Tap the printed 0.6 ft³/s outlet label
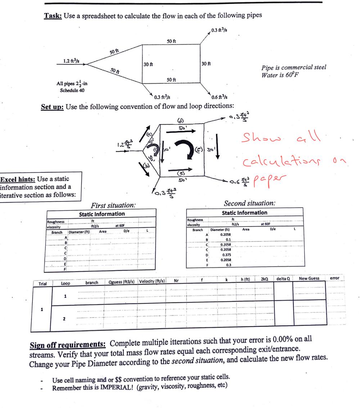(x=219, y=97)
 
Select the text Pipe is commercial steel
(x=294, y=68)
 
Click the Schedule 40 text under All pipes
(x=72, y=90)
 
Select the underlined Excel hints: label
(x=18, y=179)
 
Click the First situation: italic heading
(x=113, y=205)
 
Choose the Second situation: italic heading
(x=249, y=203)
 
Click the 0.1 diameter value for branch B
(x=228, y=239)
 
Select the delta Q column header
(x=283, y=279)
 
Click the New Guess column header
(x=309, y=279)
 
